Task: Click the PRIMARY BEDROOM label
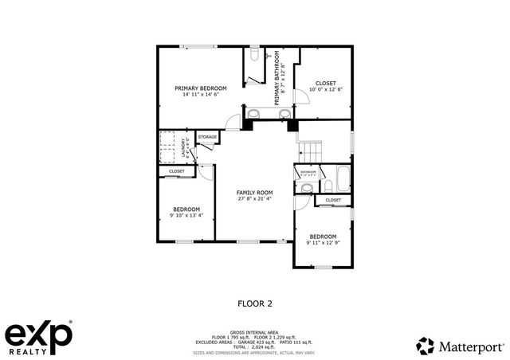201,88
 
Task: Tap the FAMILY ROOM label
254,192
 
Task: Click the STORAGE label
207,138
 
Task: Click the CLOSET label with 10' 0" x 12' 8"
325,83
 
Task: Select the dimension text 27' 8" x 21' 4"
254,198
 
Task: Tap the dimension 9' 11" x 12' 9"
323,242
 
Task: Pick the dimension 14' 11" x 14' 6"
201,94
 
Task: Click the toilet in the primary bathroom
253,57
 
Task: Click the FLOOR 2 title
255,303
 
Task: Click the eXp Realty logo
40,338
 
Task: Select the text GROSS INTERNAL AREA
254,331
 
